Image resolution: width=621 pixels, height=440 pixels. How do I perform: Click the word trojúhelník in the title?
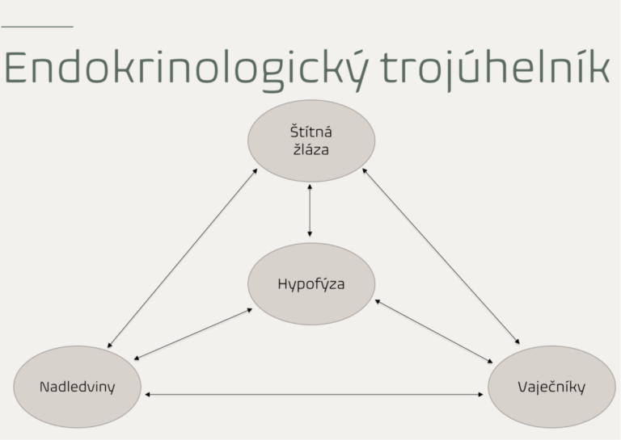pyautogui.click(x=495, y=69)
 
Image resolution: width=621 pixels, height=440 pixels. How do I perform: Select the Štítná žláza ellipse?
pyautogui.click(x=311, y=140)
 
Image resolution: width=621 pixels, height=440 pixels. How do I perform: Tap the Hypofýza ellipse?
pyautogui.click(x=311, y=284)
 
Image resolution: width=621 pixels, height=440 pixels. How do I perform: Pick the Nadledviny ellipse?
pyautogui.click(x=78, y=387)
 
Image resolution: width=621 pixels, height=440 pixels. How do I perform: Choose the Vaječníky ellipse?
pyautogui.click(x=551, y=387)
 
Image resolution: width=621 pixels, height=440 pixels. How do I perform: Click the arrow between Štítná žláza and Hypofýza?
pyautogui.click(x=310, y=211)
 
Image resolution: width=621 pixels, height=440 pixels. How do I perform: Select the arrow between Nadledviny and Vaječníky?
pyautogui.click(x=314, y=394)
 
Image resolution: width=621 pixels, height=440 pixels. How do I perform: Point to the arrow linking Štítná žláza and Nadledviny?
pyautogui.click(x=182, y=258)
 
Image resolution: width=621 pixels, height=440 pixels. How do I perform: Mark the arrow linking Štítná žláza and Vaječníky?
pyautogui.click(x=441, y=256)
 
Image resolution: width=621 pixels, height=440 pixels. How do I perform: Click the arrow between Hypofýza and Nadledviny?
pyautogui.click(x=193, y=334)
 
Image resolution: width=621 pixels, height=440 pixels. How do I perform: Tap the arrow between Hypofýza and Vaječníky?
pyautogui.click(x=434, y=331)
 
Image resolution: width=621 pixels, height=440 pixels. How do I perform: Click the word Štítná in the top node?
pyautogui.click(x=310, y=132)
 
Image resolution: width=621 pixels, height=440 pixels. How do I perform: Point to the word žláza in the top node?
pyautogui.click(x=310, y=149)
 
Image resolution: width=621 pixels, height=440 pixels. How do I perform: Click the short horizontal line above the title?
pyautogui.click(x=37, y=27)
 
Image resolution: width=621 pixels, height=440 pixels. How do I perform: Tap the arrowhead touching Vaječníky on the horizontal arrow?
pyautogui.click(x=481, y=394)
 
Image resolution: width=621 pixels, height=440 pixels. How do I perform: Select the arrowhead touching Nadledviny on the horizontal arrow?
pyautogui.click(x=147, y=394)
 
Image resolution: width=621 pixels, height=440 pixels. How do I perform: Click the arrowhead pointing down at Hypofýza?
pyautogui.click(x=310, y=234)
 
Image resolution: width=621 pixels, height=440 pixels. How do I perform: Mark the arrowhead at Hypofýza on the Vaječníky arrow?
pyautogui.click(x=378, y=302)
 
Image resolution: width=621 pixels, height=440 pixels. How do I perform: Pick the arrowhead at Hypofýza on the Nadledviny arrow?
pyautogui.click(x=250, y=310)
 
